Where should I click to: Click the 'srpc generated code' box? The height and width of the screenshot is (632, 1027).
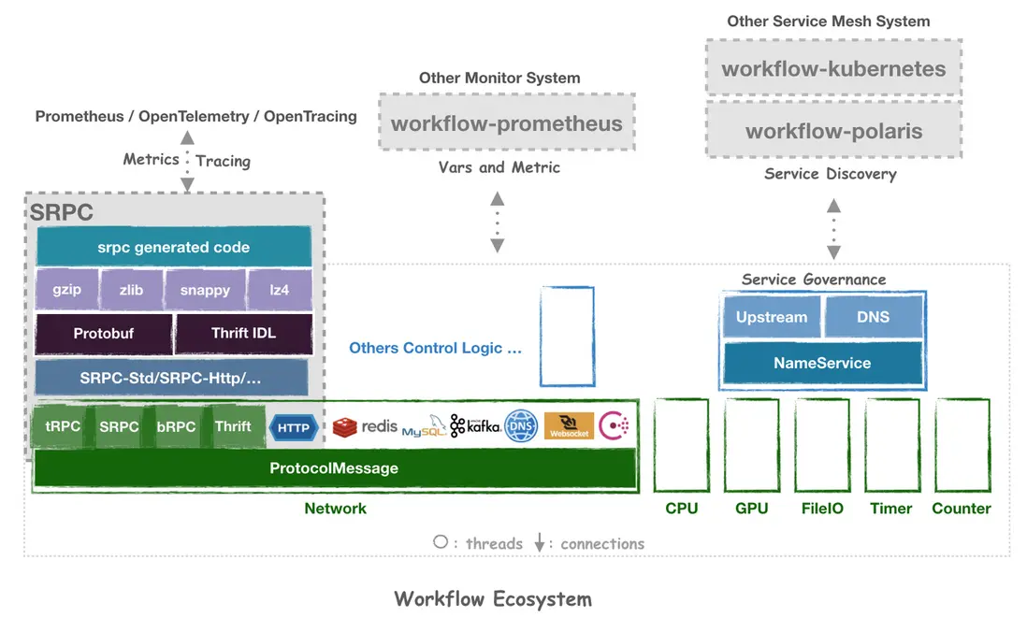pos(173,248)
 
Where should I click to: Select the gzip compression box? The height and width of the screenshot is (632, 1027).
pos(66,290)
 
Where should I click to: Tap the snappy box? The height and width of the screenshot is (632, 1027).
pos(205,290)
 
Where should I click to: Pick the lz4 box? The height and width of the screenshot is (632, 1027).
pos(279,290)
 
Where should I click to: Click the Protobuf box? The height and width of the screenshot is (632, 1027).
pos(104,334)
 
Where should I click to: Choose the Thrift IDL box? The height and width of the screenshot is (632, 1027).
pos(242,334)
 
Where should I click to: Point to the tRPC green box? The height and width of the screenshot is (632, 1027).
pos(63,427)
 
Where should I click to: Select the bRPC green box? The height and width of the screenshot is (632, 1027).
pos(176,427)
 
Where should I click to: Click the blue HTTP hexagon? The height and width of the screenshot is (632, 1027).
pos(294,428)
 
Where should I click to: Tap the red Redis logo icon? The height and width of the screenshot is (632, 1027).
pos(345,427)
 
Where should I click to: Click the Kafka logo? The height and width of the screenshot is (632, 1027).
pos(474,426)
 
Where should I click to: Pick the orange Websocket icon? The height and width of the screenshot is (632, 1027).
pos(569,426)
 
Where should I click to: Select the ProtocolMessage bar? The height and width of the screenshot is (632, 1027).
pos(334,468)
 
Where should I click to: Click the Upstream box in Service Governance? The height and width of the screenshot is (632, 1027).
pos(771,317)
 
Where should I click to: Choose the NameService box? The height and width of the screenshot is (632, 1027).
pos(822,363)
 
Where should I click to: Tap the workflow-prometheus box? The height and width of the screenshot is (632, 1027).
pos(506,122)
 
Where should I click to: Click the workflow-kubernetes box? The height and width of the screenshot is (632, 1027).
pos(833,68)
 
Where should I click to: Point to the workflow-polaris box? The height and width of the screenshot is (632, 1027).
pos(833,131)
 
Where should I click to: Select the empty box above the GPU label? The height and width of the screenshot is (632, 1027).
pos(751,444)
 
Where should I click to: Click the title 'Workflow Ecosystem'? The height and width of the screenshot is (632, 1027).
pos(493,598)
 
